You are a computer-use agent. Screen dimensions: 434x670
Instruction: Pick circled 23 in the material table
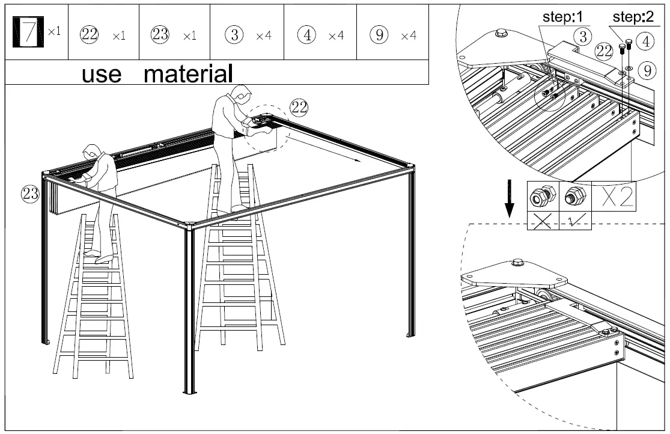160,35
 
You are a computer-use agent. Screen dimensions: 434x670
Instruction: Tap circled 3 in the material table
235,35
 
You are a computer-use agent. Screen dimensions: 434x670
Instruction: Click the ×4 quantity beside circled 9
409,36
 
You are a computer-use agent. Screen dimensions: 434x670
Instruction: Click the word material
188,75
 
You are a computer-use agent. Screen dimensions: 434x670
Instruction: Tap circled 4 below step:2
646,41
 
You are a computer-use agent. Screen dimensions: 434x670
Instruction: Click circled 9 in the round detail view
646,71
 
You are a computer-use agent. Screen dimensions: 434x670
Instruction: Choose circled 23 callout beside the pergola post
31,193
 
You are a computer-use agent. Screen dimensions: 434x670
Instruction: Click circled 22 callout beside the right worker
299,108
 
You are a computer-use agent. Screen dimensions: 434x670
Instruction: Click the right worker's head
240,95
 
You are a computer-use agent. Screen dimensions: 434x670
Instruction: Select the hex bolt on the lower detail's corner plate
517,263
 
